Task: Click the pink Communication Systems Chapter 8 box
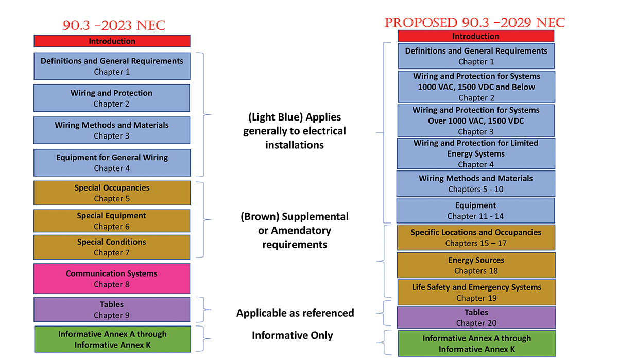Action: coord(112,279)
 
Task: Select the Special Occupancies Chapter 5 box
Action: coord(112,193)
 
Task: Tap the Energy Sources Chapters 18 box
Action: coord(476,265)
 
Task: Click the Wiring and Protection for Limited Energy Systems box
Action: coord(476,153)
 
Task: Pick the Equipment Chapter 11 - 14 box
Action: coord(476,211)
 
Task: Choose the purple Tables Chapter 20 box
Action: coord(476,317)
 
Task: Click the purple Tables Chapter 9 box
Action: coord(112,310)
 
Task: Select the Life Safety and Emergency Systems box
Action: coord(476,293)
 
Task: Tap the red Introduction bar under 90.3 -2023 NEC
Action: coord(112,41)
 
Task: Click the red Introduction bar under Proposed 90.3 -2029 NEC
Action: coord(476,36)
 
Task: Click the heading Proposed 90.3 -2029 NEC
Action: coord(474,23)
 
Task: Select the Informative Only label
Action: coord(292,335)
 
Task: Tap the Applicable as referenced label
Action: coord(295,313)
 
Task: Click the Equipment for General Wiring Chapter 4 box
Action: coord(112,163)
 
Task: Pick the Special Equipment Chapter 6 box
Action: coord(112,221)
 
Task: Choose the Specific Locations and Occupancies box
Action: coord(476,237)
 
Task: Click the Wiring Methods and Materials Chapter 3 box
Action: coord(112,130)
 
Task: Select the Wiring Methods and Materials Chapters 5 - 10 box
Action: coord(476,183)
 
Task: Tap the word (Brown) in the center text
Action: coord(260,217)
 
